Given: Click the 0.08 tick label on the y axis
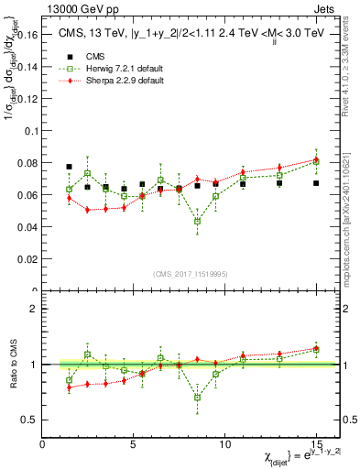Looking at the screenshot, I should [x=26, y=163].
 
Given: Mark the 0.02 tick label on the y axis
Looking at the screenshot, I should [x=26, y=259].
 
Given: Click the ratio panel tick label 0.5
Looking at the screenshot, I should [x=28, y=420].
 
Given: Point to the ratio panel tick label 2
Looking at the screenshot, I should [x=33, y=309].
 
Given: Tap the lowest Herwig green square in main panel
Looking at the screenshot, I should [x=197, y=221].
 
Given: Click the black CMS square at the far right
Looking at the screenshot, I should [x=316, y=183].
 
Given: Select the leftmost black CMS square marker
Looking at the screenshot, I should [x=70, y=167].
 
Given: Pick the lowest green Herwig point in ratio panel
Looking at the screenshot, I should [x=197, y=397].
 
